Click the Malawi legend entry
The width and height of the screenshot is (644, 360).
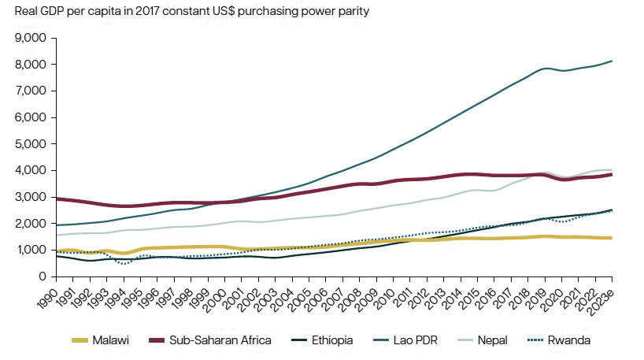coord(111,340)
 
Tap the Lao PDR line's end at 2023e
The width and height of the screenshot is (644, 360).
coord(613,61)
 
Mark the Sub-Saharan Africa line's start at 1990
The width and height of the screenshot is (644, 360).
coord(56,199)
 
